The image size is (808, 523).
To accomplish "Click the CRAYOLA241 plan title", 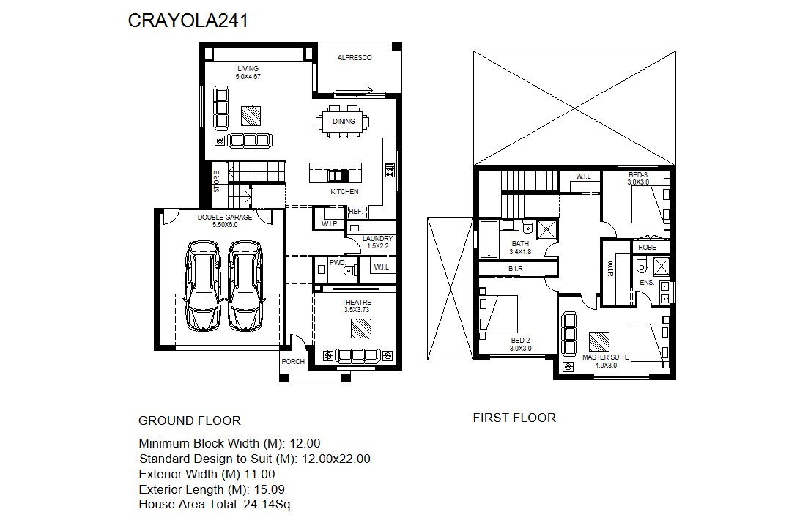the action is pyautogui.click(x=188, y=21).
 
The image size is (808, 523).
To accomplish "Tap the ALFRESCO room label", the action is pyautogui.click(x=355, y=58).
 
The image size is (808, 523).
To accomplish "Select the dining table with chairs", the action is pyautogui.click(x=343, y=122).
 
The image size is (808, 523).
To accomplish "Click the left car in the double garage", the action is pyautogui.click(x=204, y=285).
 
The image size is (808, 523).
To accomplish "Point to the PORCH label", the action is pyautogui.click(x=293, y=362).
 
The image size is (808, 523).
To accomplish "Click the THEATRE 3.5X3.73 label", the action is pyautogui.click(x=357, y=306).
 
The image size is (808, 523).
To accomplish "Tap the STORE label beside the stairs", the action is pyautogui.click(x=217, y=182).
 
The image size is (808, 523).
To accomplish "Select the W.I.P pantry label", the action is pyautogui.click(x=330, y=223).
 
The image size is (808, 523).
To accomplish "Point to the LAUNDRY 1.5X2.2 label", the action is pyautogui.click(x=378, y=242).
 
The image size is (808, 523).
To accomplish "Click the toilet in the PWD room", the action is pyautogui.click(x=351, y=270).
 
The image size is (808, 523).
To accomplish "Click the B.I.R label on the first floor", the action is pyautogui.click(x=515, y=268).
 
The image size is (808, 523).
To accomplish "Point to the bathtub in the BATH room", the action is pyautogui.click(x=489, y=240).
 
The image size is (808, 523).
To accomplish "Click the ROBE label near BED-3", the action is pyautogui.click(x=648, y=248).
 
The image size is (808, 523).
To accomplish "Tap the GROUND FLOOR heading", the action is pyautogui.click(x=190, y=421).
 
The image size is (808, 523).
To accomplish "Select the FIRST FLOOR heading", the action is pyautogui.click(x=514, y=418).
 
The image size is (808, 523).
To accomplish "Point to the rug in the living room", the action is pyautogui.click(x=251, y=116).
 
